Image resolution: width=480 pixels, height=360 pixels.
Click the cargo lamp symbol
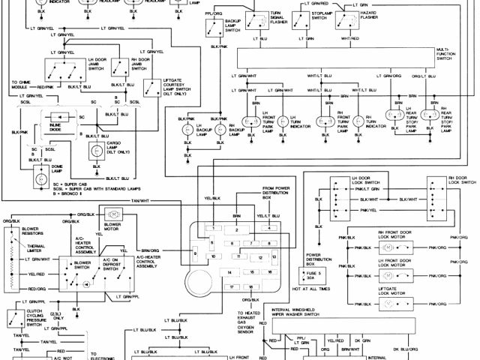96,150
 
